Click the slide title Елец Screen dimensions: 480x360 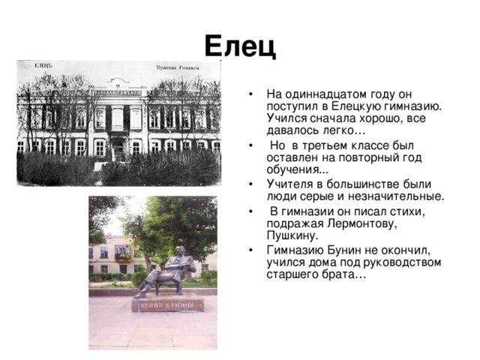(240, 46)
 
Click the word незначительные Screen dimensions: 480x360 (396, 196)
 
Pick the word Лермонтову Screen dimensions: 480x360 (362, 223)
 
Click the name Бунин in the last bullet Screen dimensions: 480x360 (344, 250)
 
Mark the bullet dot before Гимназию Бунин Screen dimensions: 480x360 (251, 250)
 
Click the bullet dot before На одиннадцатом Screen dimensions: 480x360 (251, 94)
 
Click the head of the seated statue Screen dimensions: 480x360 (181, 250)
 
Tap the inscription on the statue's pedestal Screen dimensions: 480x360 (167, 305)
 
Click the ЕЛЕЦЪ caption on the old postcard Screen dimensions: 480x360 (43, 65)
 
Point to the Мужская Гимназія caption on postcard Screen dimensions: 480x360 (177, 67)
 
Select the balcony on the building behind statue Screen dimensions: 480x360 (122, 257)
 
